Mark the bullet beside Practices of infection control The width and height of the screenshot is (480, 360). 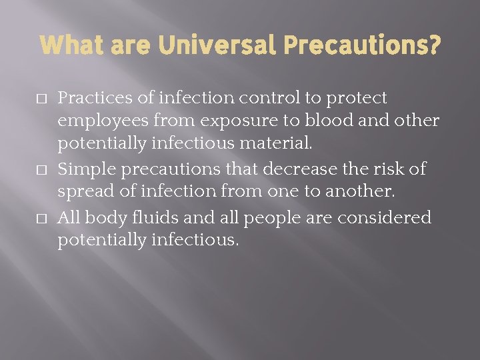pyautogui.click(x=43, y=99)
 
